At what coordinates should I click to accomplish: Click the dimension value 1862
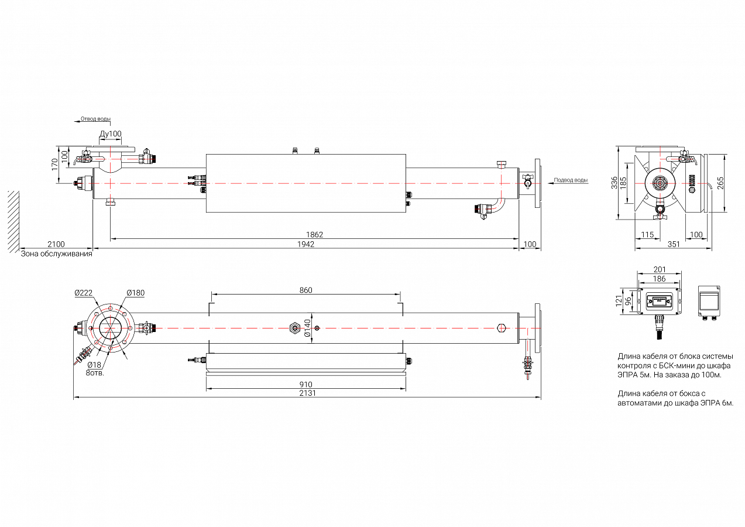[314, 235]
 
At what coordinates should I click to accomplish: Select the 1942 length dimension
[305, 244]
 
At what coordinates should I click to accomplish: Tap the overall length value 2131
[307, 393]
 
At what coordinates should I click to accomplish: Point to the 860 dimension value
[305, 290]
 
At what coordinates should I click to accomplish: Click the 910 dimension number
[305, 385]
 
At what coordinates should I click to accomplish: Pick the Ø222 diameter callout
[84, 293]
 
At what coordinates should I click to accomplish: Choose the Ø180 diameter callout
[136, 293]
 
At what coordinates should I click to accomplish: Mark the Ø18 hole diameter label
[94, 365]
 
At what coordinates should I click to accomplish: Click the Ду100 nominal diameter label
[111, 134]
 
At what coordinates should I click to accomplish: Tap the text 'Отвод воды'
[96, 119]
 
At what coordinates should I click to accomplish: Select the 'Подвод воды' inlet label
[571, 180]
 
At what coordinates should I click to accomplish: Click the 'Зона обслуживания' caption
[57, 254]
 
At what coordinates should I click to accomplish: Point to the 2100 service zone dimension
[56, 244]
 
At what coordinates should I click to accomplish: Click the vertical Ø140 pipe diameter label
[307, 328]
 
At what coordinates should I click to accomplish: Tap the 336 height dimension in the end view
[614, 183]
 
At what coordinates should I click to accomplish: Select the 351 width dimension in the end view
[674, 244]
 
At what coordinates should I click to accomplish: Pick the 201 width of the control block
[660, 269]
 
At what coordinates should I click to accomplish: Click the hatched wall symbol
[13, 222]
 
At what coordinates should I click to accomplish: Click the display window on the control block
[659, 302]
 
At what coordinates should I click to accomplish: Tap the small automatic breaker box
[709, 302]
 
